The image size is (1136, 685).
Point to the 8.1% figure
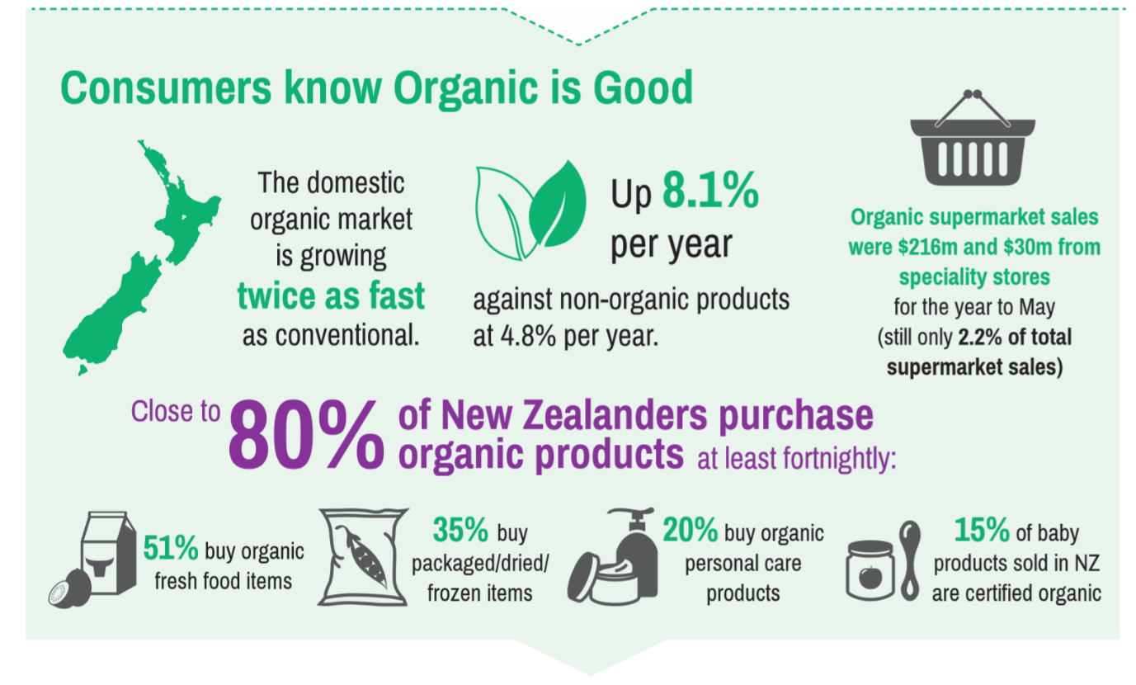710,191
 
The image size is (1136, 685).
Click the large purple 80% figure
306,434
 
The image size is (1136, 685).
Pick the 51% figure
171,547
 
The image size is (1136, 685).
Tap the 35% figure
460,530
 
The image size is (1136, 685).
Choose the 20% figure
691,530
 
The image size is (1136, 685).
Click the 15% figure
982,530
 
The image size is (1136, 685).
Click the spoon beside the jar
910,560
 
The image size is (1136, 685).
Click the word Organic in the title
465,89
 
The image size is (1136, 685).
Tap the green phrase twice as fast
331,295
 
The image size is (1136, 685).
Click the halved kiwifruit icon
69,589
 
